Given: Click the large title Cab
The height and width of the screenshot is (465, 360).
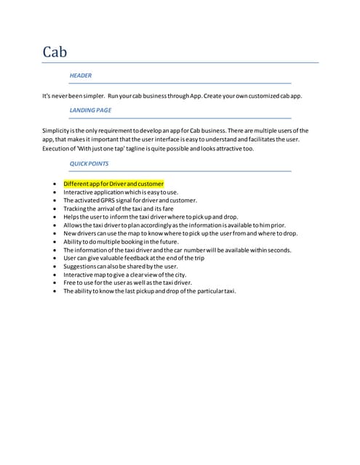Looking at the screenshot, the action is [x=55, y=52].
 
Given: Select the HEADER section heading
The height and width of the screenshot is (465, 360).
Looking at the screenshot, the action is [x=80, y=76].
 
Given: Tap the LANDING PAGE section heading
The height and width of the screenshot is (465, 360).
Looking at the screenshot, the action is [x=90, y=110].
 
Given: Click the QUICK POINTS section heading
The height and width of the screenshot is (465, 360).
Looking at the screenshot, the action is [x=89, y=164].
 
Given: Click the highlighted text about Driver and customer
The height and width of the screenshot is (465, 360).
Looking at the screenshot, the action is [x=113, y=184].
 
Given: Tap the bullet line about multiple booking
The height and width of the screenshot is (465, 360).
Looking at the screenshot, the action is [x=120, y=241].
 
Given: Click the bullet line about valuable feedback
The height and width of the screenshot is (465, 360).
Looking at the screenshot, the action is [x=134, y=258].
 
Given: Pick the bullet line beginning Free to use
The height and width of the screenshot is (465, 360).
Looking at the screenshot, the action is [x=127, y=283].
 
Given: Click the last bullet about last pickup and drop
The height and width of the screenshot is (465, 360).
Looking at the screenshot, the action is [x=149, y=291].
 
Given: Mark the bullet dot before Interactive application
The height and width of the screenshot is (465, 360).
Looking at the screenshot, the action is [x=55, y=192].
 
